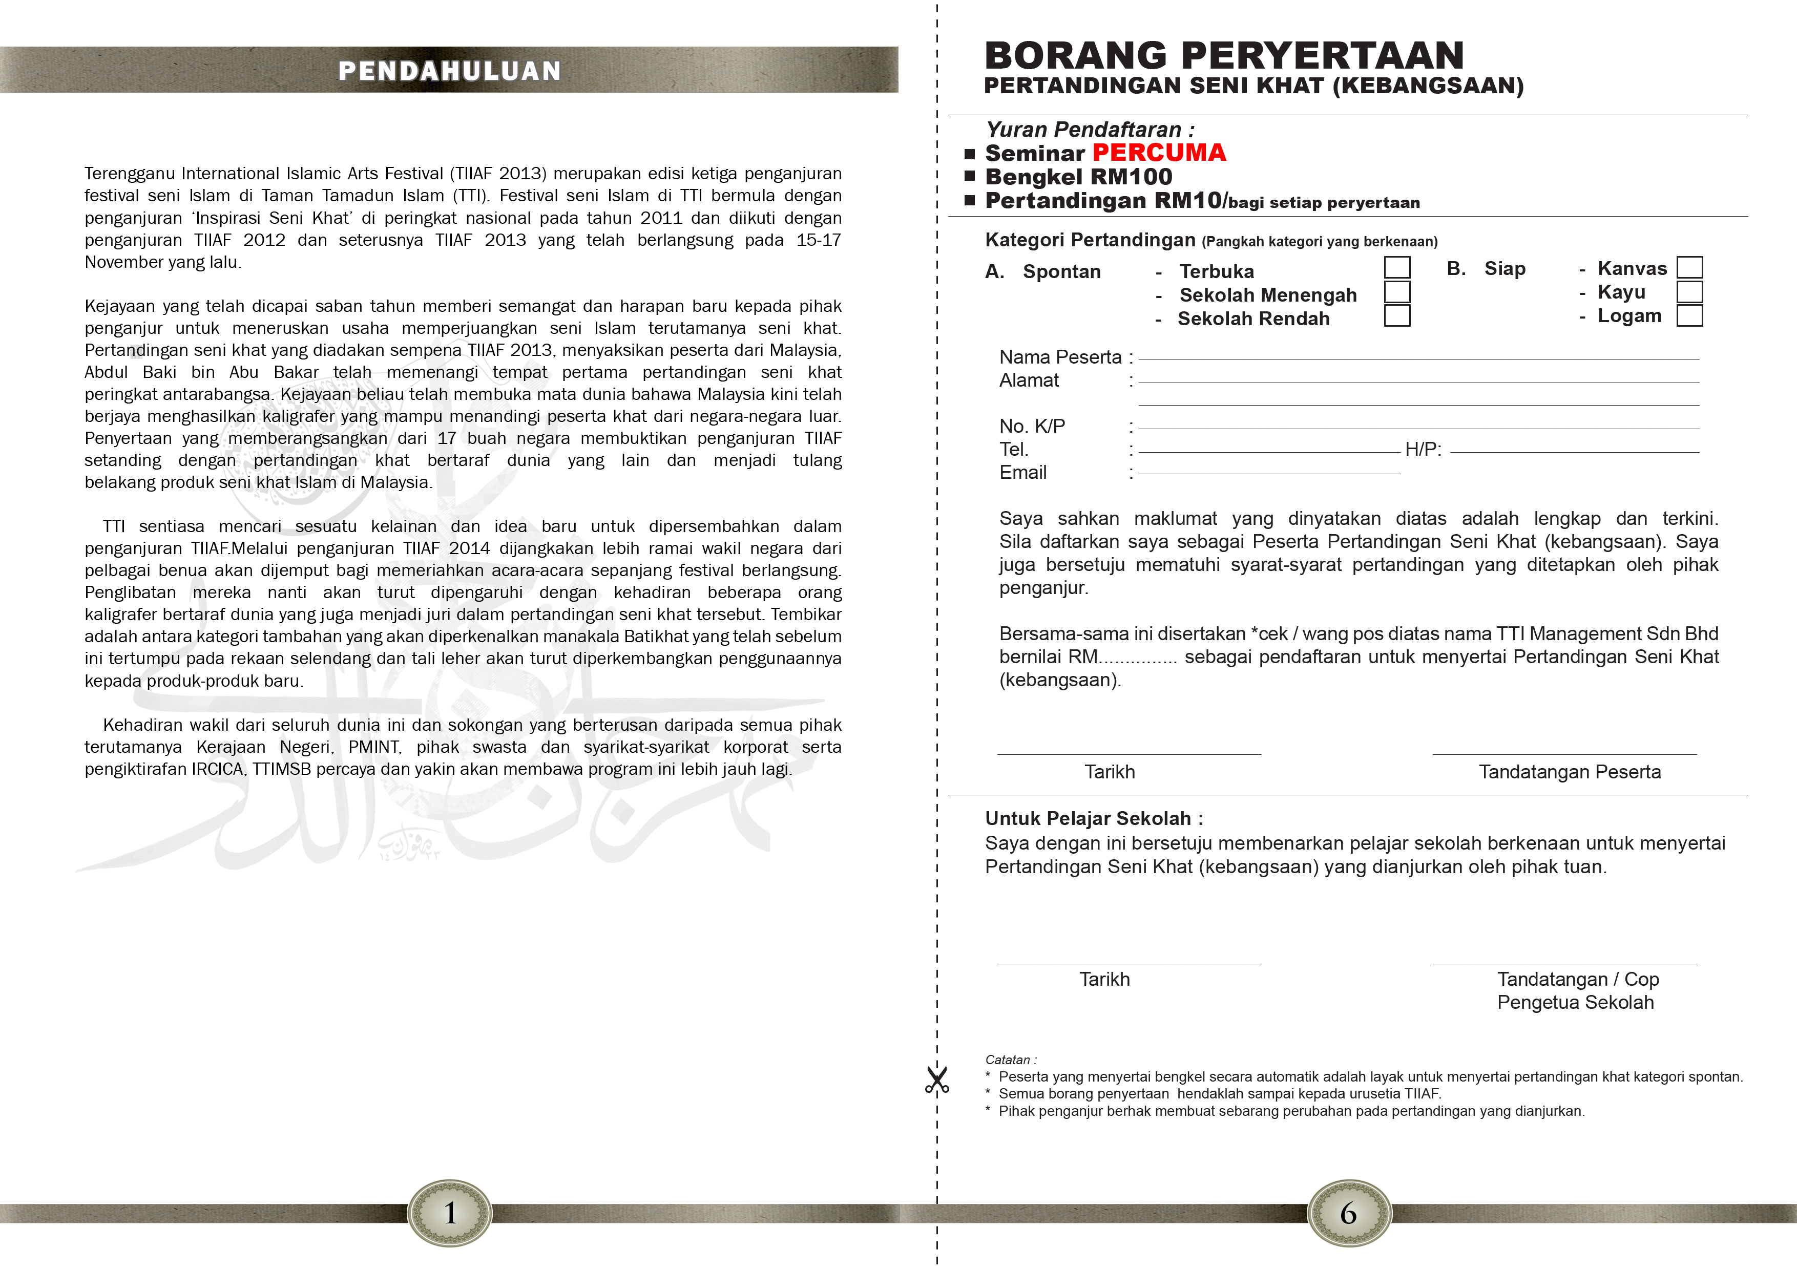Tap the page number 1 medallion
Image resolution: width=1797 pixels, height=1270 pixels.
[450, 1213]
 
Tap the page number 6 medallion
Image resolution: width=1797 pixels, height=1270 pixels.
[1349, 1213]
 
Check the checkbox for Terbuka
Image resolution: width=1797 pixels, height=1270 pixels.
[1396, 268]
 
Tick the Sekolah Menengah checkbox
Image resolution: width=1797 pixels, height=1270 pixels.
[1396, 292]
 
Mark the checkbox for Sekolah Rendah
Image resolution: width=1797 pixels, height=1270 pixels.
[1396, 315]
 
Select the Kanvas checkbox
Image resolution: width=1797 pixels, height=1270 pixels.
[1690, 268]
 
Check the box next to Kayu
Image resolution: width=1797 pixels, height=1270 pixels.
[1690, 292]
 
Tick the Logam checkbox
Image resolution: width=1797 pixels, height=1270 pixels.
[1690, 315]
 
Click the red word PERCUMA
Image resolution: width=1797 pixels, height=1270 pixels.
[1159, 153]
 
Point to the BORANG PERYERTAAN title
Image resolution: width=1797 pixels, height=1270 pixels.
[1223, 56]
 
